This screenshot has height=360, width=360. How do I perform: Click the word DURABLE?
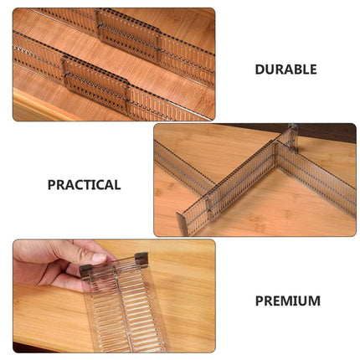pos(285,69)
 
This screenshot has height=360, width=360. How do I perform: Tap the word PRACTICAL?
pos(84,185)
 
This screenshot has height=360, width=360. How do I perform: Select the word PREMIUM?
pos(288,301)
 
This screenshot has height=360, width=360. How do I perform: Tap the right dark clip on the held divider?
pos(141,260)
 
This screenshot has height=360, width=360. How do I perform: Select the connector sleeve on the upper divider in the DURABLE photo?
pos(128,36)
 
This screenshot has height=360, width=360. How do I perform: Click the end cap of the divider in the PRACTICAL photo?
pos(182,224)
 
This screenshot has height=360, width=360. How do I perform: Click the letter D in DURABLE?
pos(260,69)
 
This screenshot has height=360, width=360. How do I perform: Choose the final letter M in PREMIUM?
pos(315,301)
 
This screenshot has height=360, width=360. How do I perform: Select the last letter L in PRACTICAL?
pos(117,185)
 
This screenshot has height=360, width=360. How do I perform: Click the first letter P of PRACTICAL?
pos(51,185)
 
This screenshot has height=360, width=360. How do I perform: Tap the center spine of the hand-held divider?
pos(123,304)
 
